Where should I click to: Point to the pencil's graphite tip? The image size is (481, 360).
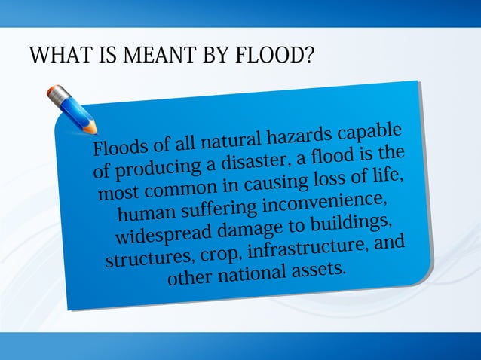tap(94, 131)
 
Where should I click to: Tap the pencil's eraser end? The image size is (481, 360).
tap(51, 92)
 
